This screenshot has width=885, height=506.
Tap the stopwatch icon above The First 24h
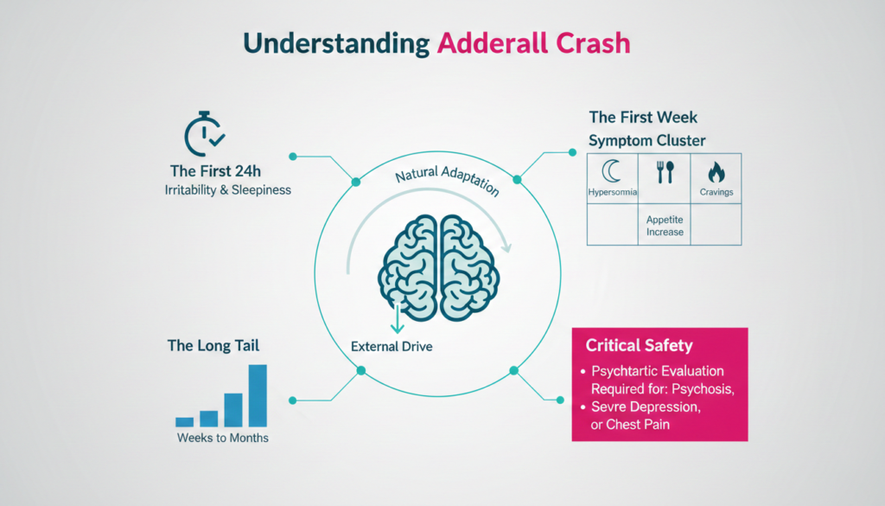pos(206,134)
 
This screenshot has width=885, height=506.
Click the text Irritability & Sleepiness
pos(227,190)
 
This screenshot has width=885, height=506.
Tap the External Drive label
pos(392,347)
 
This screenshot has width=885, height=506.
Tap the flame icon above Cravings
pos(716,171)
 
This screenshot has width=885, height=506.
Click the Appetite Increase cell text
pos(665,226)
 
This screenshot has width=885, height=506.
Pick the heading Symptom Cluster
pos(646,140)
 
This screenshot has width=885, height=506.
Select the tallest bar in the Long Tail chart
pos(258,395)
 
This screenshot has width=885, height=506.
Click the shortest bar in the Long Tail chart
pos(184,421)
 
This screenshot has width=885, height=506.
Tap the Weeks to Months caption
pos(223,439)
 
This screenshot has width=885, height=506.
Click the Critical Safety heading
pos(639,346)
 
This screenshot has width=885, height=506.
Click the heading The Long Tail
pos(213,346)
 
